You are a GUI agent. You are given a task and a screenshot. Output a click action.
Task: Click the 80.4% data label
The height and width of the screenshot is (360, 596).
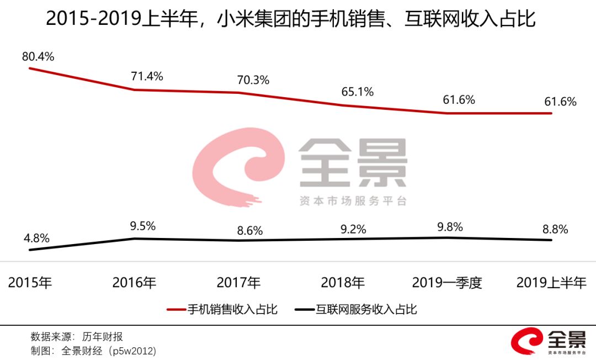(x=38, y=56)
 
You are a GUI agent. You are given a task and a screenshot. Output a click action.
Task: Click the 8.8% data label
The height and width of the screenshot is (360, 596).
(x=552, y=230)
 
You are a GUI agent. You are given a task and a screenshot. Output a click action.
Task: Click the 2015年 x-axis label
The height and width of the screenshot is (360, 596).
(x=30, y=283)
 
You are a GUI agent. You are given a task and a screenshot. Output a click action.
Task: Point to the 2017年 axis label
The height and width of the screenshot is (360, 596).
(x=239, y=283)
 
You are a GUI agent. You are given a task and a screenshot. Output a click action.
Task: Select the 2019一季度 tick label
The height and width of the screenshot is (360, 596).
(x=447, y=283)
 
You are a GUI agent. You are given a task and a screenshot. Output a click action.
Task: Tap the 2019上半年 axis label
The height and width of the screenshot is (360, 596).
(x=551, y=283)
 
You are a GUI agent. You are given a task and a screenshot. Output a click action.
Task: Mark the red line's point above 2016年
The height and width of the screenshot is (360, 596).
(x=135, y=89)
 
